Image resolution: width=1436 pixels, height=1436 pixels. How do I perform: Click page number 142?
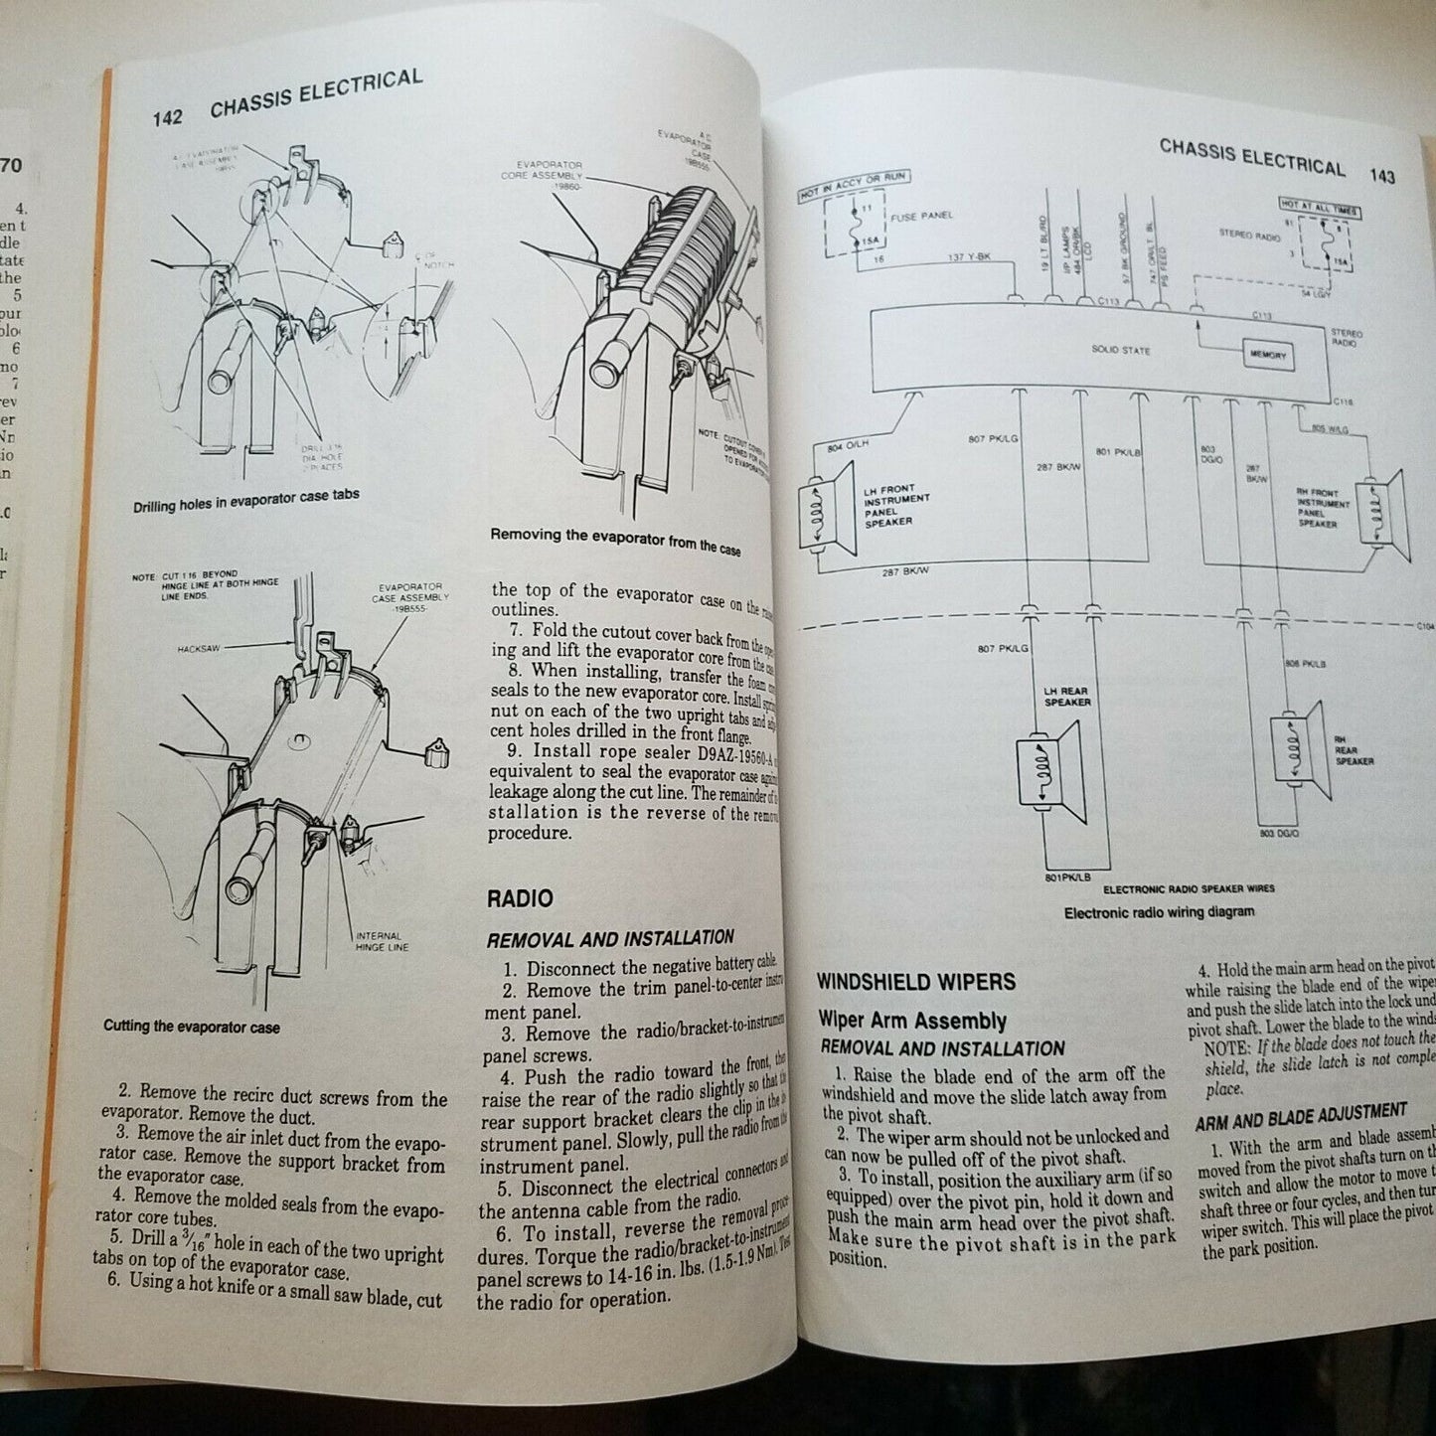point(167,117)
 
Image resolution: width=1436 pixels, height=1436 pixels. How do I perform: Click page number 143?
point(1380,176)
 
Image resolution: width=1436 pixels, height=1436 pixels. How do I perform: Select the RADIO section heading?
point(520,898)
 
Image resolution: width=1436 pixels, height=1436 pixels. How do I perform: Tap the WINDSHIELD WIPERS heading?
point(915,982)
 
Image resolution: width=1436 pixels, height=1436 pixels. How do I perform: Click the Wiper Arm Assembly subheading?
point(912,1020)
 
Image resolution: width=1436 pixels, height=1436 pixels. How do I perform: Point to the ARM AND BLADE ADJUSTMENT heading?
point(1300,1115)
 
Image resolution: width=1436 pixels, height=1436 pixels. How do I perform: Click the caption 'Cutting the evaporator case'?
point(192,1027)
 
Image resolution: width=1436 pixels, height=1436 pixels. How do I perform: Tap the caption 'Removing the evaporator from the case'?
point(615,541)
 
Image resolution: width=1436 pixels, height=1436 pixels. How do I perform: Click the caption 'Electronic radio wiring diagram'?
point(1159,911)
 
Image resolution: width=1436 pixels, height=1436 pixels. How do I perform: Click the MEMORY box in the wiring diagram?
point(1267,355)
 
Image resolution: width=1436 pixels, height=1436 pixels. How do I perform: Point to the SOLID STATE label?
point(1121,350)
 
